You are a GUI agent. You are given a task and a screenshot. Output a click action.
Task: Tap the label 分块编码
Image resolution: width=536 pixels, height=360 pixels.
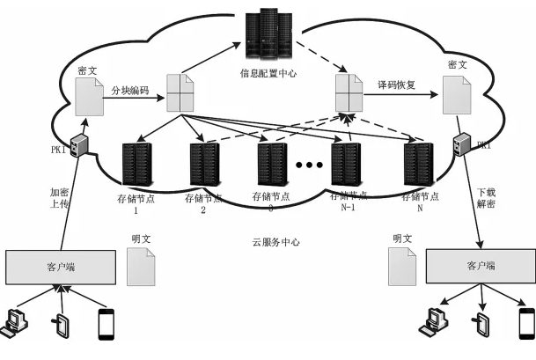129,88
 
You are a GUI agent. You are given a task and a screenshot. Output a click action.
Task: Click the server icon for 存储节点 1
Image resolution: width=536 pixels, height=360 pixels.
137,163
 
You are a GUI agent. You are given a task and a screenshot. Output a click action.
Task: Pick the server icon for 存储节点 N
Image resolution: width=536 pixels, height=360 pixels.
416,163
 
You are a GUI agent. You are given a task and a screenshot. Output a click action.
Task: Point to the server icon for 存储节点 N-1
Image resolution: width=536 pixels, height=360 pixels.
346,163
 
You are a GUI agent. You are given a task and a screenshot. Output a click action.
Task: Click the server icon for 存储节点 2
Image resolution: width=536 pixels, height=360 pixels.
204,163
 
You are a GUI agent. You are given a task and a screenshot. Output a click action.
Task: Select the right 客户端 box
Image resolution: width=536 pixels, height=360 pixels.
479,265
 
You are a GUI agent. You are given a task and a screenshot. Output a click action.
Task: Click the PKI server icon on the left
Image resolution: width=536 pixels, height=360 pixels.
78,146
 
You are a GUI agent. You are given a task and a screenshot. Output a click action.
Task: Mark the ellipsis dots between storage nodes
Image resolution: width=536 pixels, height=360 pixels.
309,165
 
